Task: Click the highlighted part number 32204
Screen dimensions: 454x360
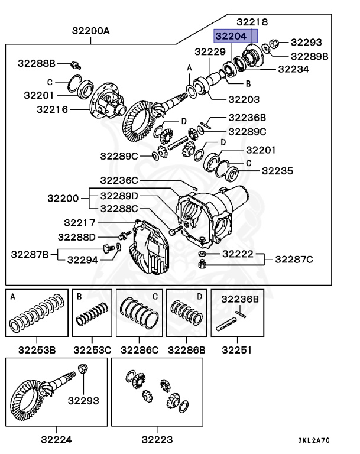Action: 232,36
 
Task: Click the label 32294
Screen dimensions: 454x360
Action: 83,259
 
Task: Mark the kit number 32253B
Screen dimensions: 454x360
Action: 36,349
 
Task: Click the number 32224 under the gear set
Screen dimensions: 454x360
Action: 57,439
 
